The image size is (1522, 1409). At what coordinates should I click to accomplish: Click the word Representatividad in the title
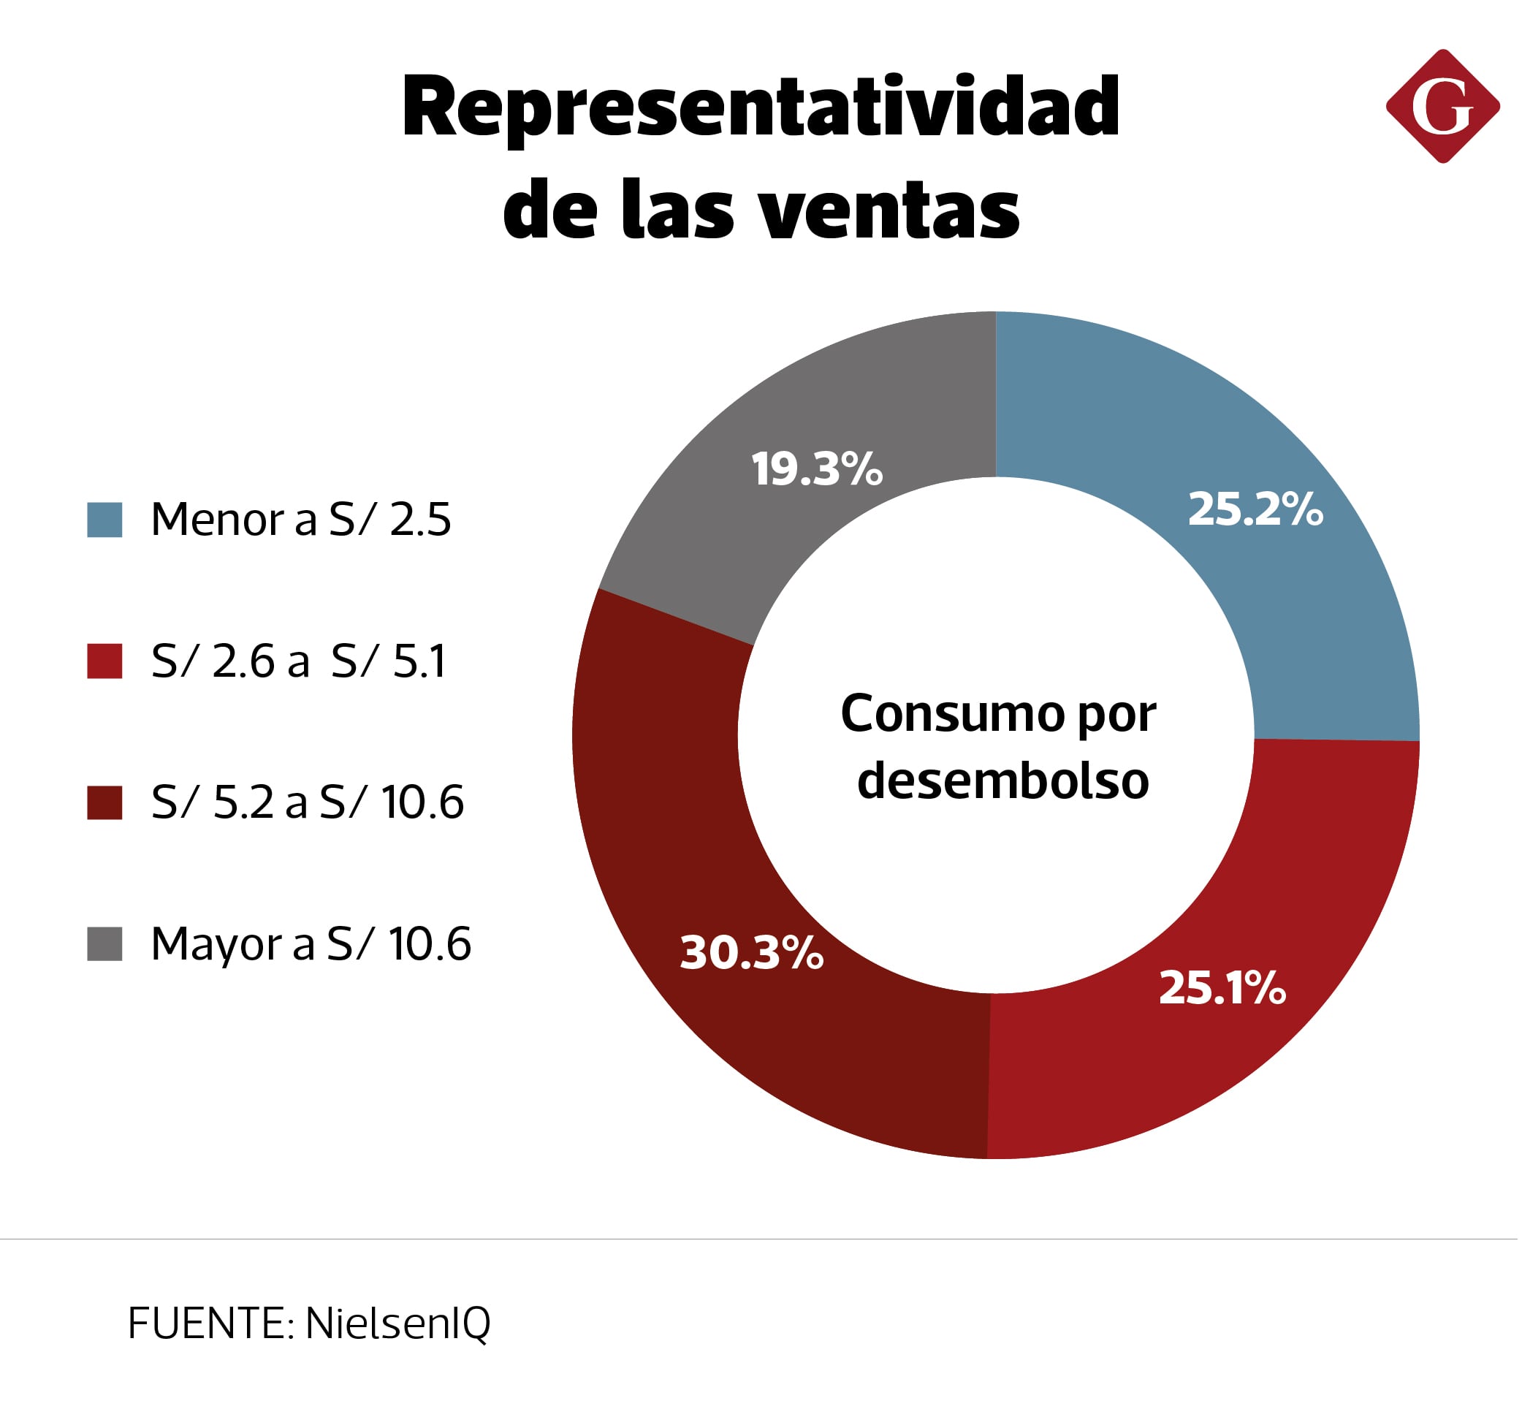(x=760, y=108)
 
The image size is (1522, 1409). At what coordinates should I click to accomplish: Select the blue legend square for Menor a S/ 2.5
(x=104, y=520)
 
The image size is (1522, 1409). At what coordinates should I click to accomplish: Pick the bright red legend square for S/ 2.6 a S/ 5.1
(x=104, y=661)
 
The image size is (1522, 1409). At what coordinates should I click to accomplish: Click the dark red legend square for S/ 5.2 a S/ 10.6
(x=104, y=803)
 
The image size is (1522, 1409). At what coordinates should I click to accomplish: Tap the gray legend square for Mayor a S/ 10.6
(x=104, y=944)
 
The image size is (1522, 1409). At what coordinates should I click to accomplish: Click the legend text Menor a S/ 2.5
(x=301, y=520)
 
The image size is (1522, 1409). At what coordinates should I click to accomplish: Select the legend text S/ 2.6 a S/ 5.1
(x=298, y=661)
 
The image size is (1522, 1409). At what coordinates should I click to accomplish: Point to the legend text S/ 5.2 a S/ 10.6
(x=307, y=803)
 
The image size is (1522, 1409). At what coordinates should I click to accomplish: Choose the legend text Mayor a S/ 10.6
(x=311, y=944)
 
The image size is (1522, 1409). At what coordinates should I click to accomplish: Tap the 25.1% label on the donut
(x=1222, y=988)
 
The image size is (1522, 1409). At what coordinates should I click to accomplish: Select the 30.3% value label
(x=751, y=953)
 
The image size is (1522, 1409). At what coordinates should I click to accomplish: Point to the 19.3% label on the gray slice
(x=816, y=469)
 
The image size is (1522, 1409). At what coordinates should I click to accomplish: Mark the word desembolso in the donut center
(x=1002, y=781)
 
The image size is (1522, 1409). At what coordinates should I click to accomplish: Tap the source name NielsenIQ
(x=397, y=1323)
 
